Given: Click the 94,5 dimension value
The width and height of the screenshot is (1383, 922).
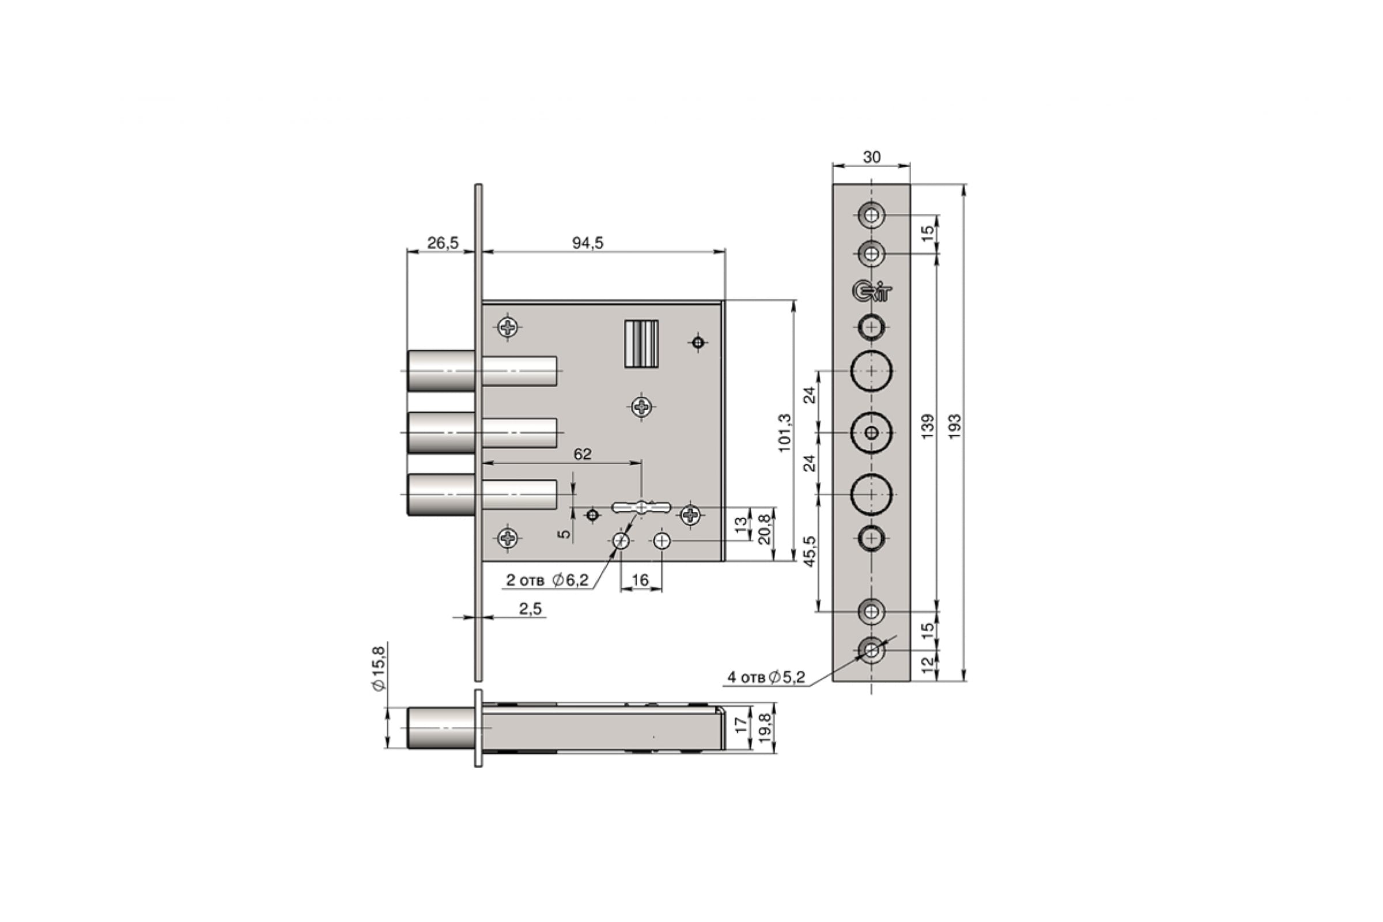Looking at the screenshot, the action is click(588, 243).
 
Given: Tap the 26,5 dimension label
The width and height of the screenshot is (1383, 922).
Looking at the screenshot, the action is click(443, 243).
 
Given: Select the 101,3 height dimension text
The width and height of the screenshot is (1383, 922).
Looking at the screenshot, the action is click(785, 433).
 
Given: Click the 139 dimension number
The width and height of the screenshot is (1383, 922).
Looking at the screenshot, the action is click(927, 426).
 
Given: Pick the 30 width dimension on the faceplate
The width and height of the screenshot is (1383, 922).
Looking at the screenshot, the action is click(871, 157).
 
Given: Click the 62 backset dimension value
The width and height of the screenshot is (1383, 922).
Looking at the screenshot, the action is click(582, 454).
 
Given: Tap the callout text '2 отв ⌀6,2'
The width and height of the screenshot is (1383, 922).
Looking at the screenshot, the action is click(547, 580).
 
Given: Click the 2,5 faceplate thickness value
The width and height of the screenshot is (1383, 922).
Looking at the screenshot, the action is click(530, 609).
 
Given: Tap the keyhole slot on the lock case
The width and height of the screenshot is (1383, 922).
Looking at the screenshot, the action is click(641, 507).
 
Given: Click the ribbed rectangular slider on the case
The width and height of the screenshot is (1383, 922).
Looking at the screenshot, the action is click(641, 344).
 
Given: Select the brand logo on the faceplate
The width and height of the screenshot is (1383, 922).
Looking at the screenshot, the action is click(872, 291).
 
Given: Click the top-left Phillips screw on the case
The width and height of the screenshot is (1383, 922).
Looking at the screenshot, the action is click(508, 327).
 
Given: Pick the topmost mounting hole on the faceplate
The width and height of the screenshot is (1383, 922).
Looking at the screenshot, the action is click(871, 215).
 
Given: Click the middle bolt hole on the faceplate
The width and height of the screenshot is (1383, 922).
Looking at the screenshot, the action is click(871, 433).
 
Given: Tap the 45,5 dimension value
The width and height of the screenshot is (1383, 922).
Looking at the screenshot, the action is click(810, 551).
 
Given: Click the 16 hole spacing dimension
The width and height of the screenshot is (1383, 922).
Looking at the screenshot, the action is click(640, 580).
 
